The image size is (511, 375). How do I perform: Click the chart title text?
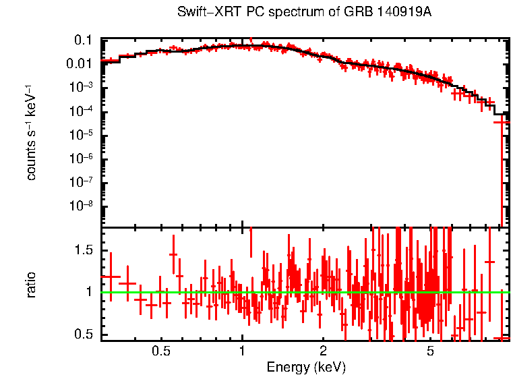tap(304, 13)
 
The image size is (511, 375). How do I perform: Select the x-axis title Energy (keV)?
tap(306, 367)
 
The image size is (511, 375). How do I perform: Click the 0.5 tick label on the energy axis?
tap(160, 351)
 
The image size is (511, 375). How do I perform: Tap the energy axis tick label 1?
tap(242, 351)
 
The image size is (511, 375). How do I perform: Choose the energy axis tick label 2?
tap(323, 351)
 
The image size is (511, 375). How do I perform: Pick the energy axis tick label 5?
tap(430, 351)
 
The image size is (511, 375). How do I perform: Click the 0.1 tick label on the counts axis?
tap(82, 40)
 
